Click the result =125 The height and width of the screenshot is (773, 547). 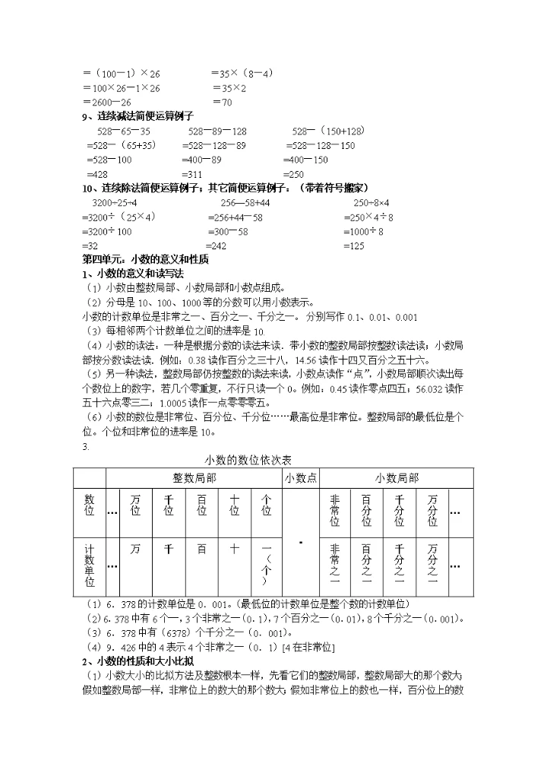[x=354, y=246]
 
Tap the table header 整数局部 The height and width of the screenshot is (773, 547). [x=194, y=477]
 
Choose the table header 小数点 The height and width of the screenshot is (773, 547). [x=301, y=477]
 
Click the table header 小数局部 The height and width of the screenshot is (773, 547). [x=397, y=477]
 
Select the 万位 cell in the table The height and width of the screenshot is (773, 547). [x=135, y=505]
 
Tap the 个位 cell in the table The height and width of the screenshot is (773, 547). [x=266, y=505]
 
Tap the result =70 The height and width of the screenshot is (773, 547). [x=222, y=102]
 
